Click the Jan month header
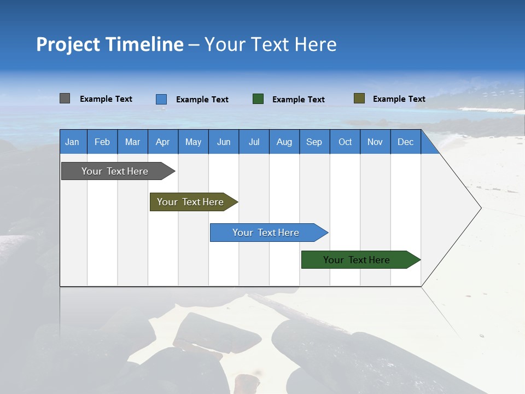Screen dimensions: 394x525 tap(72, 142)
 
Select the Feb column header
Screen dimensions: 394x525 tap(102, 142)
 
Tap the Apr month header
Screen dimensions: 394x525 tap(162, 142)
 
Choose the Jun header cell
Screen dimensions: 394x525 tap(224, 142)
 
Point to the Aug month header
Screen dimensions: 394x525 tap(284, 142)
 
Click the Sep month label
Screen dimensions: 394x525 tap(314, 142)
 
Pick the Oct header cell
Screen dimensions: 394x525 tap(345, 142)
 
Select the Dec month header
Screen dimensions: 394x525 tap(405, 142)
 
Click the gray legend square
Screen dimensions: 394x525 tap(65, 99)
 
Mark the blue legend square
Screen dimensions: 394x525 tap(161, 99)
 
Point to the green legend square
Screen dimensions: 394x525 tap(258, 99)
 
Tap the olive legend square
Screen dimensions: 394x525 tap(359, 99)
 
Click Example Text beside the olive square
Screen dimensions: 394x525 tap(399, 99)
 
